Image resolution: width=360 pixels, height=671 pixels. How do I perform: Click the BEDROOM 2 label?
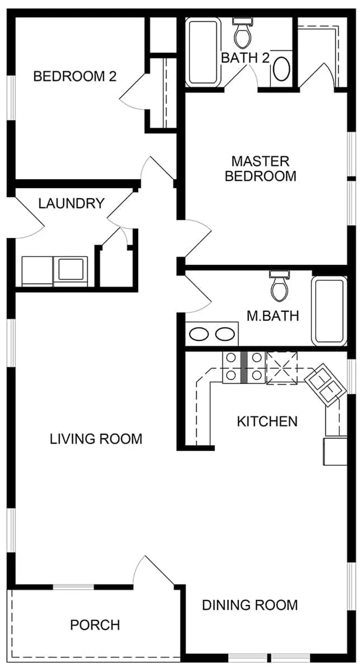[x=75, y=77]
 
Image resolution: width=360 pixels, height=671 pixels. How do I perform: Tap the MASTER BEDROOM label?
[x=260, y=168]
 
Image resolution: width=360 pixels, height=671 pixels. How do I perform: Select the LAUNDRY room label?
[x=71, y=204]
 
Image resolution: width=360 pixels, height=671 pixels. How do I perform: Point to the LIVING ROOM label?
[x=96, y=439]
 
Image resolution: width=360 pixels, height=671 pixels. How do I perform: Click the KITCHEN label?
[x=267, y=421]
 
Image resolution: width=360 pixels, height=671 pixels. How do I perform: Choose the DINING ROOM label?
[x=250, y=605]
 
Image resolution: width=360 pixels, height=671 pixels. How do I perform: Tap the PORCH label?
[x=95, y=625]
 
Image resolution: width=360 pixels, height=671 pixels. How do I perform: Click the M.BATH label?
[x=273, y=316]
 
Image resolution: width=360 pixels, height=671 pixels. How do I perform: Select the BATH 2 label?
[x=245, y=58]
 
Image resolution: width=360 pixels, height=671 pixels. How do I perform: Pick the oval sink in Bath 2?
[x=281, y=69]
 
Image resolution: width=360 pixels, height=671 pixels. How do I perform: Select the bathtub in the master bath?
[x=329, y=311]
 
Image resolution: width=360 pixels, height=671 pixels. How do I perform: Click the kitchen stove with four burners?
[x=243, y=367]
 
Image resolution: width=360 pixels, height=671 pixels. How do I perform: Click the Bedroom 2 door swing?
[x=133, y=90]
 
